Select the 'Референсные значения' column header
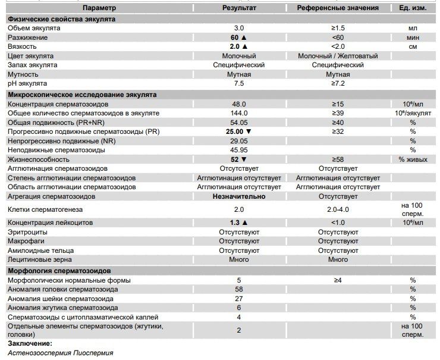tap(338, 8)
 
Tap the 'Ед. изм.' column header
tap(412, 8)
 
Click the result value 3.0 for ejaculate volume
tap(239, 28)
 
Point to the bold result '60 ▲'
tap(239, 37)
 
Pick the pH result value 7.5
tap(239, 83)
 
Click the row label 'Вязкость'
tap(22, 46)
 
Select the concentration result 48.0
tap(239, 104)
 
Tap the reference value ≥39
tap(338, 113)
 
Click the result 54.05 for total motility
tap(239, 122)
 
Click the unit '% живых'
tap(412, 159)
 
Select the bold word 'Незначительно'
tap(239, 196)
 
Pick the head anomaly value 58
tap(239, 289)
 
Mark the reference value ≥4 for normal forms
tap(338, 280)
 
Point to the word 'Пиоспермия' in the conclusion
tap(93, 353)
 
